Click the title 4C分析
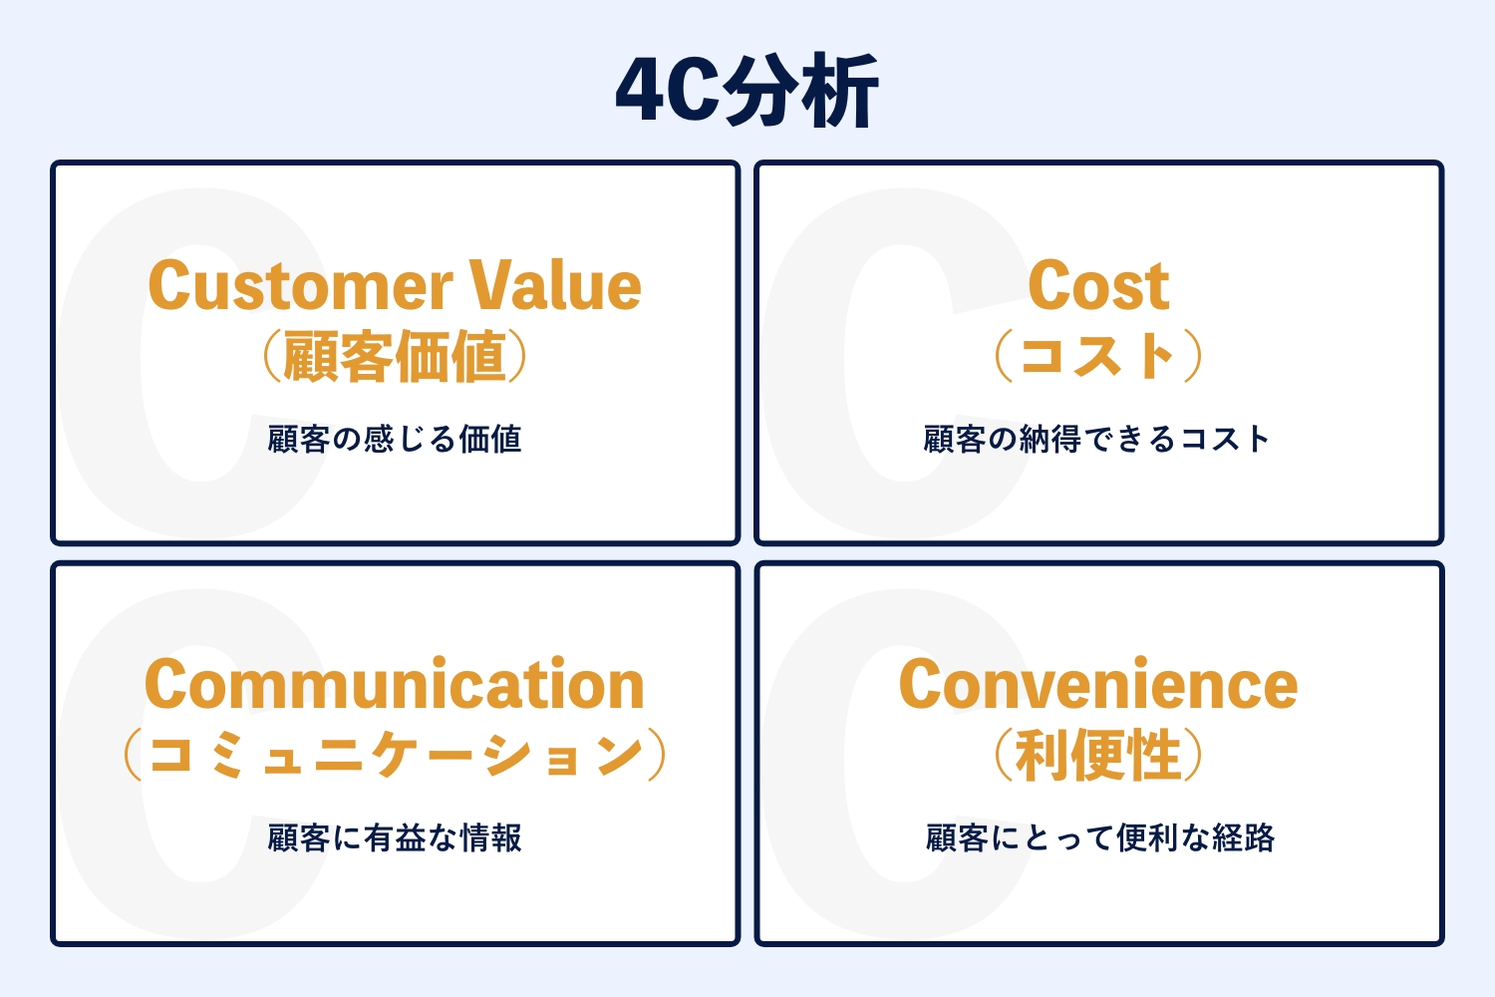[747, 91]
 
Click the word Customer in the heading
[301, 285]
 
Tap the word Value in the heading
[555, 285]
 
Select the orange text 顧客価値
[395, 356]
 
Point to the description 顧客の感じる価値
[395, 439]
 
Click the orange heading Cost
[1098, 286]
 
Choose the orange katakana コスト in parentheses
[1098, 356]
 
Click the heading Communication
[395, 684]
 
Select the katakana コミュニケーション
[396, 755]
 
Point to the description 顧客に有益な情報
[395, 837]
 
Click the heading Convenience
[1098, 684]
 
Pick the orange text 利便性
[1098, 755]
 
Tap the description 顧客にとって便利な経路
[1100, 837]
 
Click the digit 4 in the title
[642, 91]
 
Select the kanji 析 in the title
[839, 91]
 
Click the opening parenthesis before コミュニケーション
[133, 755]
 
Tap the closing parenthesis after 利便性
[1193, 755]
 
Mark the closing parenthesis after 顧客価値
[518, 356]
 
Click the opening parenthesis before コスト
[1004, 356]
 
